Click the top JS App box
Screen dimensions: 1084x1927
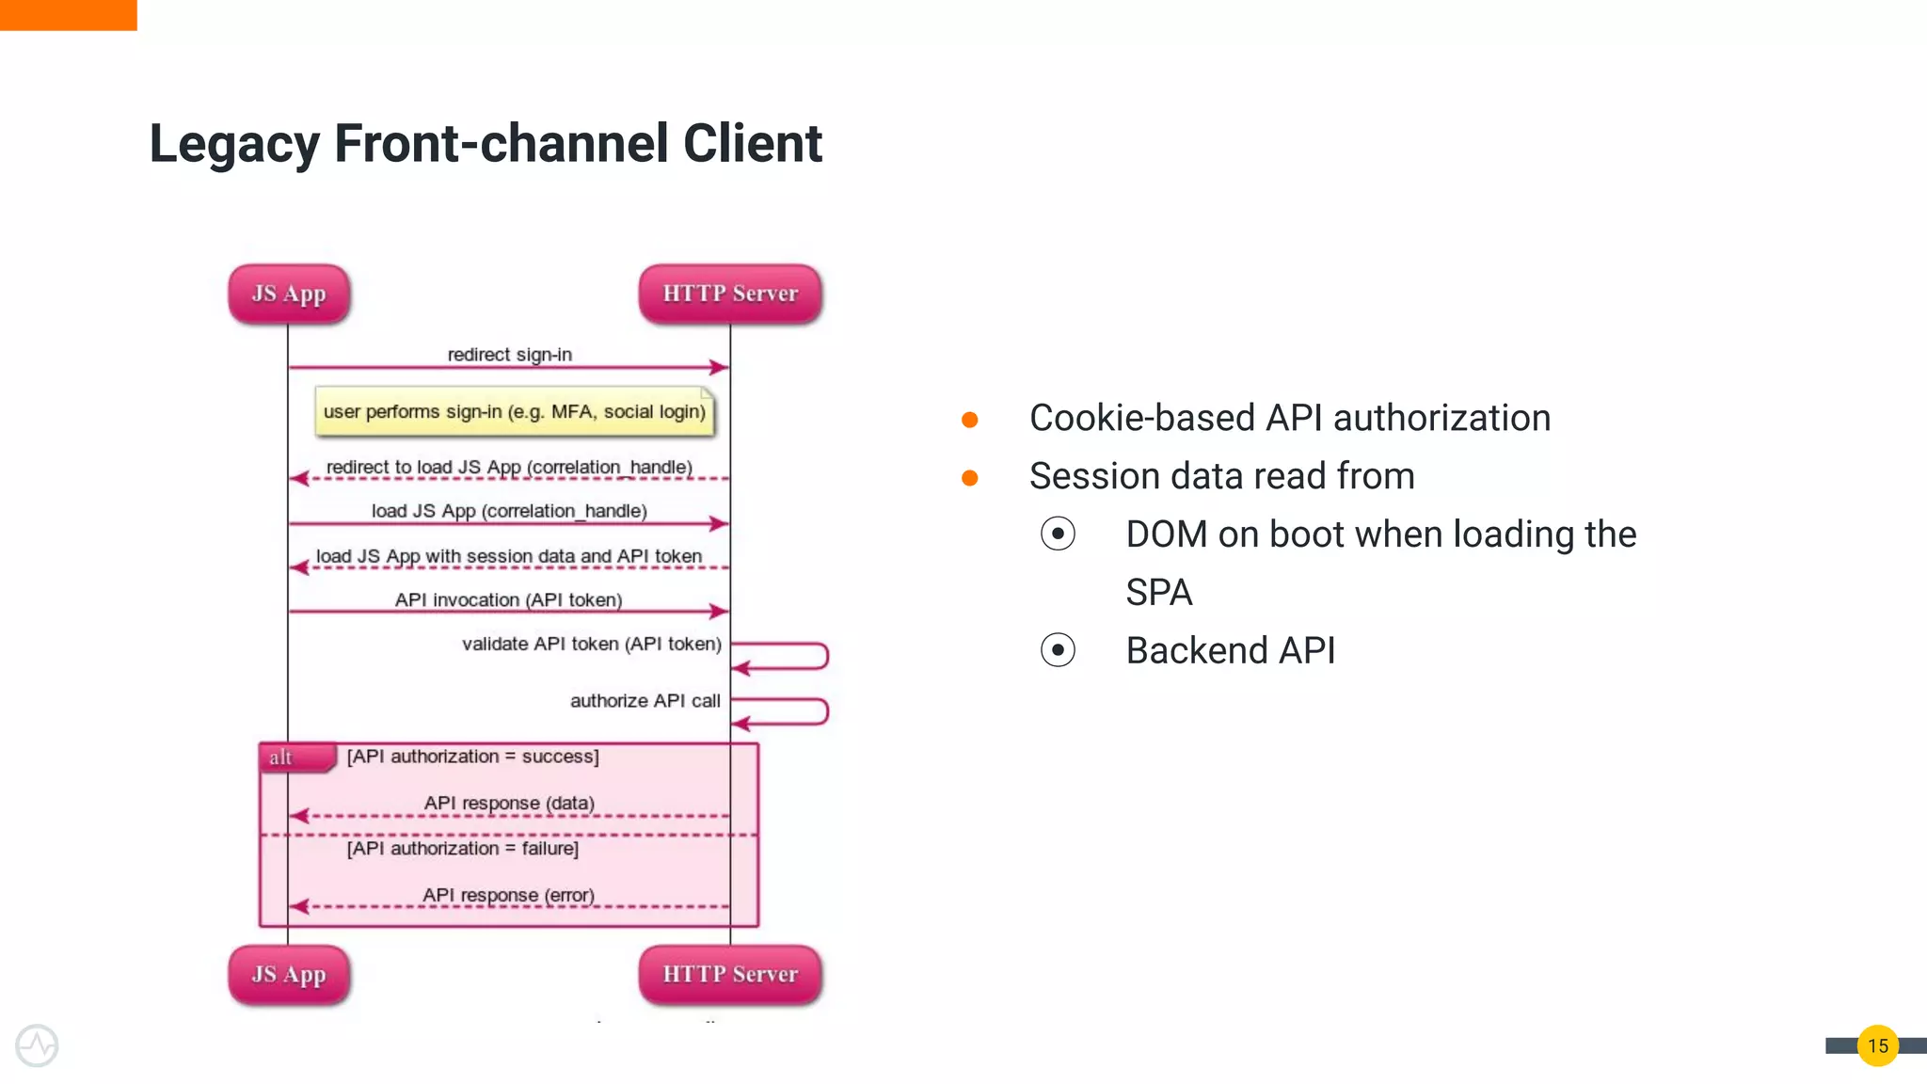tap(289, 294)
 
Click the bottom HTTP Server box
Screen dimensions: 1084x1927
tap(730, 974)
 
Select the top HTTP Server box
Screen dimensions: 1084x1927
tap(730, 294)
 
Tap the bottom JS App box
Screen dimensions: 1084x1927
tap(289, 974)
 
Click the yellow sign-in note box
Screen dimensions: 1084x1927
tap(514, 412)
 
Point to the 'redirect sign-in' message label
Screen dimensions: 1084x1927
tap(509, 355)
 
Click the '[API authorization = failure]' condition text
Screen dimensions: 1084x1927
tap(462, 849)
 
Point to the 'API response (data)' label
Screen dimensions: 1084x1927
tap(509, 803)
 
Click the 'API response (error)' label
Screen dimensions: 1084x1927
tap(508, 895)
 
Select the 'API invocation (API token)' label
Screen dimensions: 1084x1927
tap(508, 599)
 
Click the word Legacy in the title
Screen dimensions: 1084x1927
tap(234, 144)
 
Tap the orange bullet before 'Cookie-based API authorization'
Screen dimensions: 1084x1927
tap(970, 420)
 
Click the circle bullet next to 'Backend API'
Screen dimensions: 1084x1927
tap(1058, 650)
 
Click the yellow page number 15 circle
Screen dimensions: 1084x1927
tap(1877, 1045)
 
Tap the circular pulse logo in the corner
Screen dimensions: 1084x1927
tap(37, 1045)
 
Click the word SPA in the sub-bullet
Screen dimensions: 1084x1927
tap(1158, 593)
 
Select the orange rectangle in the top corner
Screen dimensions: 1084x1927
tap(68, 14)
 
